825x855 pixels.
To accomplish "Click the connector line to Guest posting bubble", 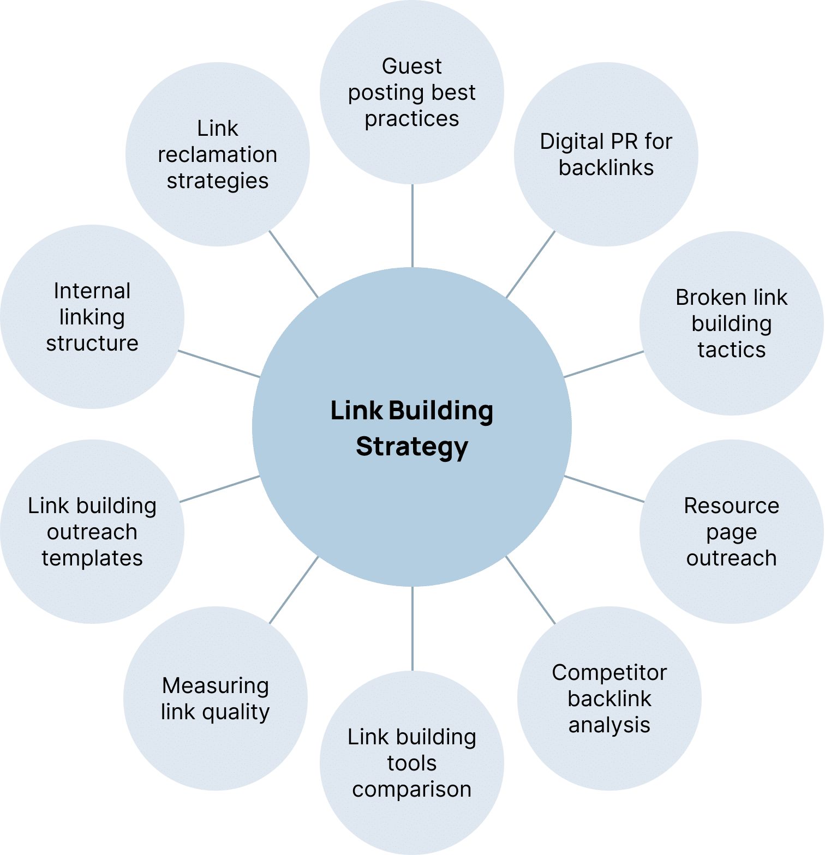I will tap(412, 226).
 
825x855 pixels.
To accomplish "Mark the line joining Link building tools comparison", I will tap(412, 628).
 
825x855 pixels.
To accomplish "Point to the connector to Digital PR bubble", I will tap(531, 264).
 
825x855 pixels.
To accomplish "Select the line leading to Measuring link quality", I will tap(294, 590).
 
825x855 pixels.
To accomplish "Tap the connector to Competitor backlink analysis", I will tap(530, 590).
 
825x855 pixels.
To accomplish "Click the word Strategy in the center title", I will tap(412, 447).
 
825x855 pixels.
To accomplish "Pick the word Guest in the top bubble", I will tap(412, 67).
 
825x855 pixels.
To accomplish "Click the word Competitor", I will tap(609, 673).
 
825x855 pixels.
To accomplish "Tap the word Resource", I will tap(731, 506).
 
